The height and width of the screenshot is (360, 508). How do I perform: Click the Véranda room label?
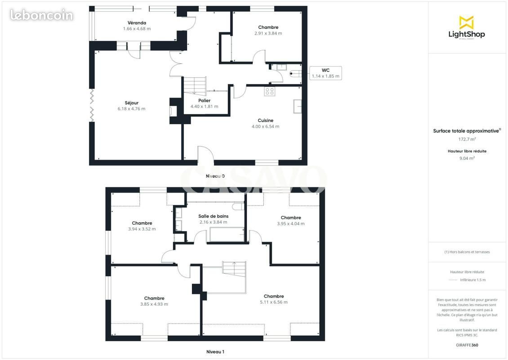click(137, 22)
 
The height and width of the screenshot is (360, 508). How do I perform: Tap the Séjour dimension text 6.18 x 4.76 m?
click(132, 108)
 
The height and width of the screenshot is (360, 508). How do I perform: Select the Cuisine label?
click(266, 120)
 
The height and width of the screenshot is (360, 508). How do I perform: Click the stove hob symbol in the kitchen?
click(270, 91)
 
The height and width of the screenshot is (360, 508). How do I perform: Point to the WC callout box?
click(325, 73)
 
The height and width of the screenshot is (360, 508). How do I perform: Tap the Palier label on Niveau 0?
click(205, 100)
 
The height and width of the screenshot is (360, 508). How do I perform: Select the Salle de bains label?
click(214, 216)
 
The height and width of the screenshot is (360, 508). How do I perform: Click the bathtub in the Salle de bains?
click(227, 234)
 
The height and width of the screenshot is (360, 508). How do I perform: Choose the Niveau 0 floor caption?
click(215, 176)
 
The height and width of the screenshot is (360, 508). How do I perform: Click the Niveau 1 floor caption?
click(215, 351)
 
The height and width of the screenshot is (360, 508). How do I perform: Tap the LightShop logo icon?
click(467, 22)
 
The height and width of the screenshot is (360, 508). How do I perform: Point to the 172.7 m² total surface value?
click(467, 139)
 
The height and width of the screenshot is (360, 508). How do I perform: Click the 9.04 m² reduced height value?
click(467, 158)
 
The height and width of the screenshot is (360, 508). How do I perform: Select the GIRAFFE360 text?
click(467, 345)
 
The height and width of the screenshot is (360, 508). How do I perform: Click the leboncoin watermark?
click(41, 15)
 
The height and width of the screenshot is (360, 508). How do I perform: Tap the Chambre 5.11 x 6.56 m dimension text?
click(274, 302)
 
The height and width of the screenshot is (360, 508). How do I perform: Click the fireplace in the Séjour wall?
click(175, 111)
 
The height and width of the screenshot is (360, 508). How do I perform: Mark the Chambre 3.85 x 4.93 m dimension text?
click(154, 304)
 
